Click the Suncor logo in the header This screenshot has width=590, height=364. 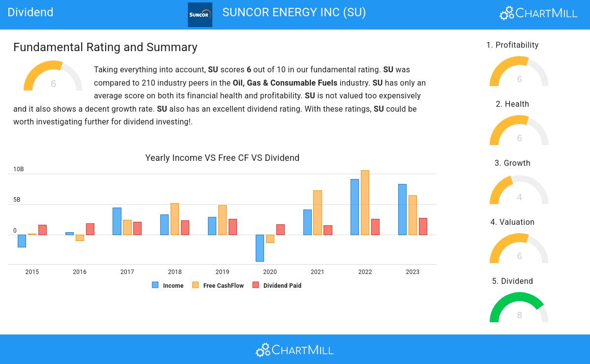tap(200, 15)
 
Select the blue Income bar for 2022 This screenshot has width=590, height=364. tap(354, 207)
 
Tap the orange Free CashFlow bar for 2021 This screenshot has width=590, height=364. tap(318, 212)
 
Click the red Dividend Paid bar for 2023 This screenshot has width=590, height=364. tap(423, 226)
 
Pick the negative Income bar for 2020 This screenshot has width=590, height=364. tap(260, 248)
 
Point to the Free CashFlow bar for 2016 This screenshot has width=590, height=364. tap(80, 238)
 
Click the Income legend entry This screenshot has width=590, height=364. tap(168, 285)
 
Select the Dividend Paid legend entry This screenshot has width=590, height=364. tap(277, 285)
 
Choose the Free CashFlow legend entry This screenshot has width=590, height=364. tap(218, 285)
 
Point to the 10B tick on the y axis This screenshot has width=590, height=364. tap(18, 169)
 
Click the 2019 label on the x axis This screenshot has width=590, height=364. tap(222, 272)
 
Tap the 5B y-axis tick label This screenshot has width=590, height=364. tap(17, 200)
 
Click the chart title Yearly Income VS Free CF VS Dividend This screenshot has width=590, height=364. tap(222, 158)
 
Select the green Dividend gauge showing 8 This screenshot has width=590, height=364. tap(519, 307)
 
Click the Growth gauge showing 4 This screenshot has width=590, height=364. tap(519, 190)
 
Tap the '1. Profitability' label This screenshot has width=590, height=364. tap(512, 45)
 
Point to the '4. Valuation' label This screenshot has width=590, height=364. tap(512, 222)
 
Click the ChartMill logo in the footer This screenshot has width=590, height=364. tap(295, 350)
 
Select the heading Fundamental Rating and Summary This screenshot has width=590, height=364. tap(105, 47)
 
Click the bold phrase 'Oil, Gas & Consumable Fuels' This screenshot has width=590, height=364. tap(285, 83)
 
